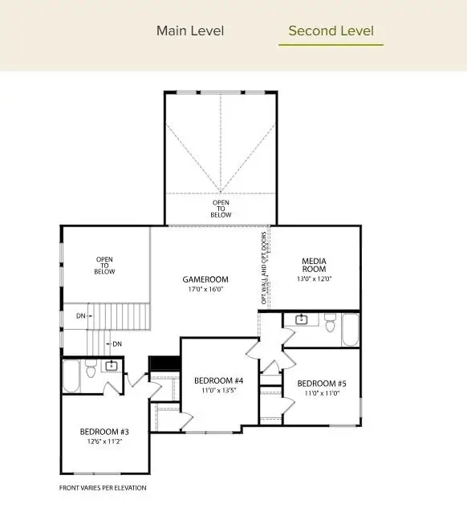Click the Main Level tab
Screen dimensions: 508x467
click(190, 31)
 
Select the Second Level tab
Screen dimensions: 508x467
click(331, 31)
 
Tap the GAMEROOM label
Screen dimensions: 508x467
click(205, 280)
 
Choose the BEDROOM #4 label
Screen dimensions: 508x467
click(218, 380)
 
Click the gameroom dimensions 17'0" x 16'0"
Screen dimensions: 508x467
click(205, 289)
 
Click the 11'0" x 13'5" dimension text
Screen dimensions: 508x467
click(218, 390)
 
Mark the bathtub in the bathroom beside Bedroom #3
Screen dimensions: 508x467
click(71, 376)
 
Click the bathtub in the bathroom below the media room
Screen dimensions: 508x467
click(351, 329)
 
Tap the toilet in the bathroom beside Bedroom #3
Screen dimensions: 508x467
click(91, 372)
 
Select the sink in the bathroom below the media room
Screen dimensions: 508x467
click(302, 320)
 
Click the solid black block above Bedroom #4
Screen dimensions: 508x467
click(165, 364)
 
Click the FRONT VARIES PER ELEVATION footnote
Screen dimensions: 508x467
click(103, 487)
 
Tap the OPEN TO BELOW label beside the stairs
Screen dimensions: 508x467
click(105, 266)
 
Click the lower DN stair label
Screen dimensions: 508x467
click(117, 344)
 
